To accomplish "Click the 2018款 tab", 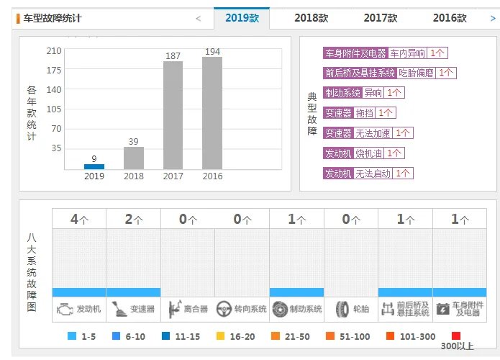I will click(x=312, y=18).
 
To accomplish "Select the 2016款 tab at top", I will click(x=450, y=18).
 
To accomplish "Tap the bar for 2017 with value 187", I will click(x=173, y=115).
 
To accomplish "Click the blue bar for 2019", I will click(x=94, y=166).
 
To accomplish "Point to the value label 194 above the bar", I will click(x=212, y=52).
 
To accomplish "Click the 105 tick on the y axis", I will click(x=54, y=109).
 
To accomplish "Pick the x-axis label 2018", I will click(x=134, y=176).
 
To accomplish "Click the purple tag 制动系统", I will click(x=342, y=93).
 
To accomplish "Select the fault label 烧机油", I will click(x=368, y=153).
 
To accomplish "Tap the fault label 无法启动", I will click(x=373, y=174).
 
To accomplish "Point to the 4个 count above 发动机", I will click(x=79, y=220).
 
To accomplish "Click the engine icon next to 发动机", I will click(x=66, y=310).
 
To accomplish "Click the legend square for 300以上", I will click(x=455, y=336).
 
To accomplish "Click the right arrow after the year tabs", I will click(x=492, y=18).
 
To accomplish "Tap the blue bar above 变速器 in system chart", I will click(x=133, y=292).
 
